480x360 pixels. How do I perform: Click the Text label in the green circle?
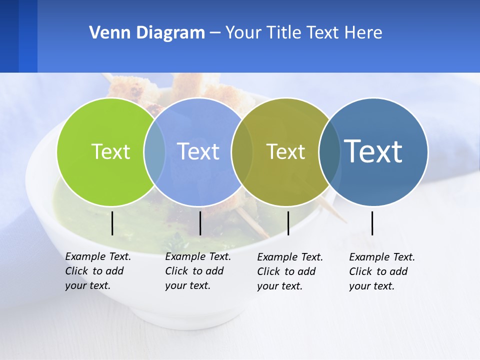pos(110,151)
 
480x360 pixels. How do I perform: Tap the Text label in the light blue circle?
pos(198,151)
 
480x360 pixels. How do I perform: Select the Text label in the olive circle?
pos(285,152)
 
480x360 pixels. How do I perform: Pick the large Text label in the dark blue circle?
pos(373,151)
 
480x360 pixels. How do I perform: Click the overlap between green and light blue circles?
pos(154,151)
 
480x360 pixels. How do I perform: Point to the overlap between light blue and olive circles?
pos(242,151)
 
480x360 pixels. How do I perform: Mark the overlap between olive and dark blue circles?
pos(329,151)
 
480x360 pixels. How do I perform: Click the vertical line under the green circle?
pos(112,223)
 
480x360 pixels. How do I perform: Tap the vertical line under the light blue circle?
pos(200,223)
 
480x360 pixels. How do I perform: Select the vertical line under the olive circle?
pos(288,223)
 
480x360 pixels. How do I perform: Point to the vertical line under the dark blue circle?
pos(372,223)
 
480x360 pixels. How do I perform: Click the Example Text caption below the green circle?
pos(98,271)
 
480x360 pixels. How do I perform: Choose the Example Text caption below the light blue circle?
pos(198,271)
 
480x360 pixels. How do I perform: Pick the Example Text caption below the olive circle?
pos(290,271)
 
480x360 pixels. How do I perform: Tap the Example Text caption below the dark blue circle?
pos(382,271)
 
